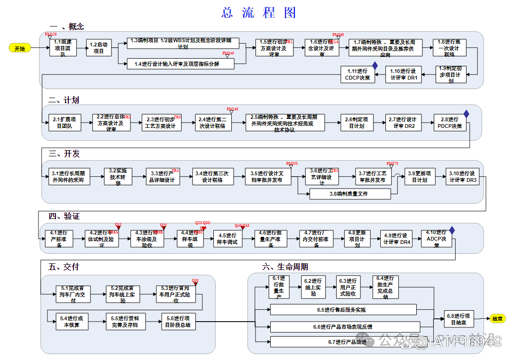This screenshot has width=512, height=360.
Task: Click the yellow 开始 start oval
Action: (19, 48)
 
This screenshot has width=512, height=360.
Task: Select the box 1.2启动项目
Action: (99, 48)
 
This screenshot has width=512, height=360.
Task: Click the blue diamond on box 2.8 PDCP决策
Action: (466, 114)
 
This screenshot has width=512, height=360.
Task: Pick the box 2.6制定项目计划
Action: (356, 123)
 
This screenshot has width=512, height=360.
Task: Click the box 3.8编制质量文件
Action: (350, 194)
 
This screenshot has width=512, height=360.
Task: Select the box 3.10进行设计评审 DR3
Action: (463, 177)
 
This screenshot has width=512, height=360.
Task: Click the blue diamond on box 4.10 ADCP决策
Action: (452, 230)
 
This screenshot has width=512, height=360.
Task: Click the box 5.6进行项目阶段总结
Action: (178, 322)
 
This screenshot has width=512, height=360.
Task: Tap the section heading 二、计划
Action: (64, 100)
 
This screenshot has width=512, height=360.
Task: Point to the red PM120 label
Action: (51, 35)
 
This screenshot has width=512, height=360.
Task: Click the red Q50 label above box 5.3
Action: (195, 280)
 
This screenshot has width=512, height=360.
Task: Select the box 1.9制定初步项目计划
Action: (451, 74)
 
